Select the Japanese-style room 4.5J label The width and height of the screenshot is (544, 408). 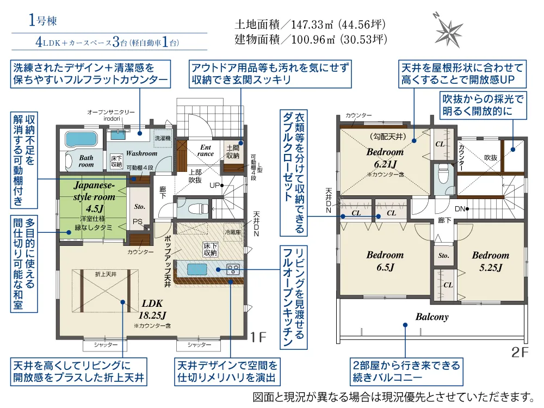tap(94, 196)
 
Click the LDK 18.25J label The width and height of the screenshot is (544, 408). tap(152, 309)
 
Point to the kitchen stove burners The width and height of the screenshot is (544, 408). tap(233, 269)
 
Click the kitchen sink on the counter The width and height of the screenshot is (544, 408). tap(197, 269)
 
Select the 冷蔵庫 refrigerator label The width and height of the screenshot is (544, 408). tap(232, 232)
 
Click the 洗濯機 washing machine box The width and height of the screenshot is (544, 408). tap(163, 138)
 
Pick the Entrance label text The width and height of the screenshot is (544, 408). tap(206, 150)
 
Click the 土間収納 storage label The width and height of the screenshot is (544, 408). tap(233, 152)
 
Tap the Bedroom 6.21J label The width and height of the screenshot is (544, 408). tap(385, 158)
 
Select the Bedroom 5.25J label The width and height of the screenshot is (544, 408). tap(491, 261)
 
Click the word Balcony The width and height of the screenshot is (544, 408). tap(432, 317)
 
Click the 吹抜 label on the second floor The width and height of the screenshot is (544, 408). tap(491, 158)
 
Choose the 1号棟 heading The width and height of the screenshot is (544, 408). tap(42, 21)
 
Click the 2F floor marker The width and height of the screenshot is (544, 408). tap(520, 352)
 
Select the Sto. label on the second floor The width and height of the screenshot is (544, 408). tap(443, 256)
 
